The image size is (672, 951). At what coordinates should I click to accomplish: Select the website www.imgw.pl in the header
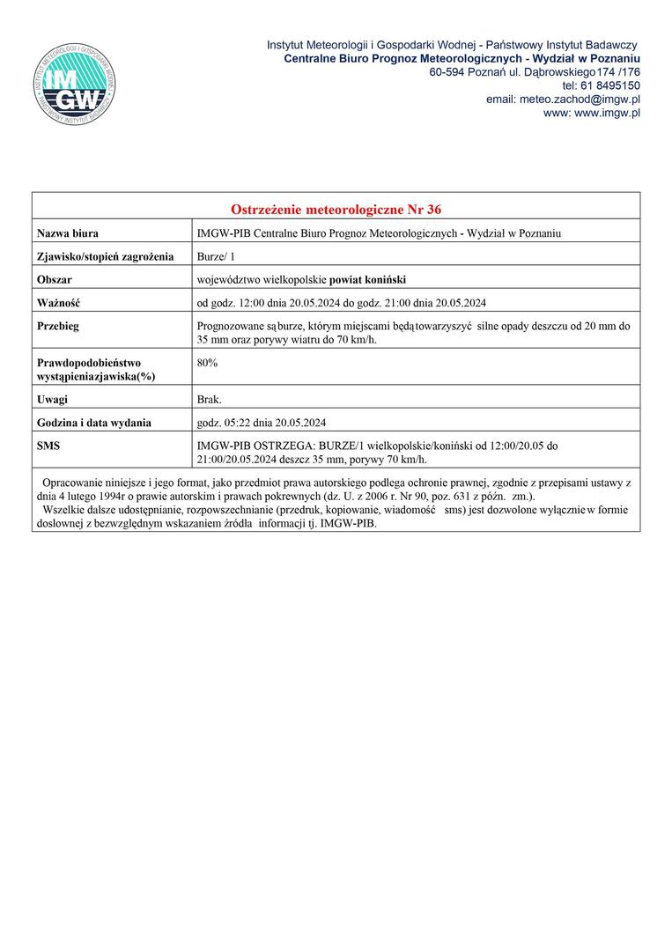click(x=607, y=113)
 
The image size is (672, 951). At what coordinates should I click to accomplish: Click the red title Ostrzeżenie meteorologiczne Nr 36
click(x=336, y=210)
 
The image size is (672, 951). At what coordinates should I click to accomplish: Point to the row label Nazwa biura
click(x=68, y=233)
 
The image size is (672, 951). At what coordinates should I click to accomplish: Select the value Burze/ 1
click(x=218, y=257)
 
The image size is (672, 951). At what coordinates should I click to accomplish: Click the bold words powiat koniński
click(x=367, y=280)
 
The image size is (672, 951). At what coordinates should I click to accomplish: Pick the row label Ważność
click(x=58, y=304)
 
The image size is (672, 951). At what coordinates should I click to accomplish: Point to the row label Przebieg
click(x=58, y=327)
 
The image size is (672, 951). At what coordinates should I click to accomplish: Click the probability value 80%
click(x=208, y=362)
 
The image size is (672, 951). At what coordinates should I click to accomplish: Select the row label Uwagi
click(x=53, y=399)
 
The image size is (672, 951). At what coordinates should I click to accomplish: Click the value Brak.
click(x=210, y=399)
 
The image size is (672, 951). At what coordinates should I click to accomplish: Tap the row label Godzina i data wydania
click(x=94, y=423)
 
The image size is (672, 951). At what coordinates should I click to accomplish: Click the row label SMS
click(x=48, y=446)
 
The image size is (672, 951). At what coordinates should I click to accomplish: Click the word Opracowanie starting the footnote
click(x=74, y=485)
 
